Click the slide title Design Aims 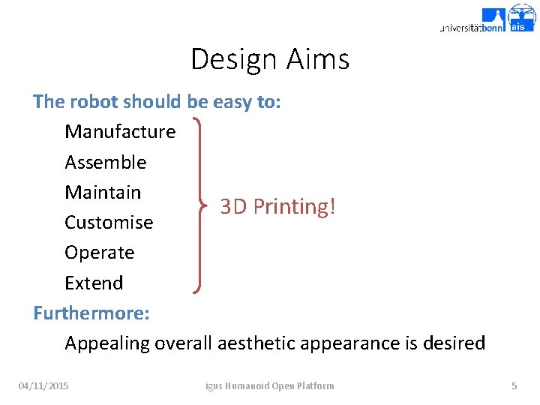tap(270, 58)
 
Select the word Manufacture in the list tap(120, 132)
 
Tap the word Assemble tap(106, 162)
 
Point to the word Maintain tap(103, 192)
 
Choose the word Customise tap(109, 223)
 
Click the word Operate tap(100, 253)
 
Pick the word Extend tap(94, 283)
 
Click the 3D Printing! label tap(277, 206)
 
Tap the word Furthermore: tap(91, 313)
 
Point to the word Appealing tap(107, 343)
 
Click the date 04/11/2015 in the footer tap(43, 385)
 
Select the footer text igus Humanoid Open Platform tap(270, 385)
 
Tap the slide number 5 tap(514, 385)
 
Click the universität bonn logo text tap(472, 27)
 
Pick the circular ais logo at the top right tap(522, 16)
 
